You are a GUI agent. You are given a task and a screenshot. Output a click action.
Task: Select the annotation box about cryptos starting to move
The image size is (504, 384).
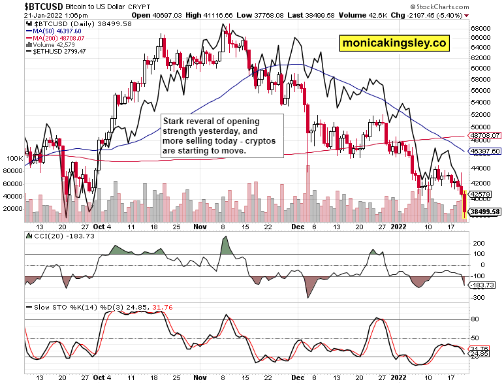pos(222,136)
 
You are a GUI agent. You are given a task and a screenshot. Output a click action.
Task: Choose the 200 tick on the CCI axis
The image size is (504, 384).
pos(478,243)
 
